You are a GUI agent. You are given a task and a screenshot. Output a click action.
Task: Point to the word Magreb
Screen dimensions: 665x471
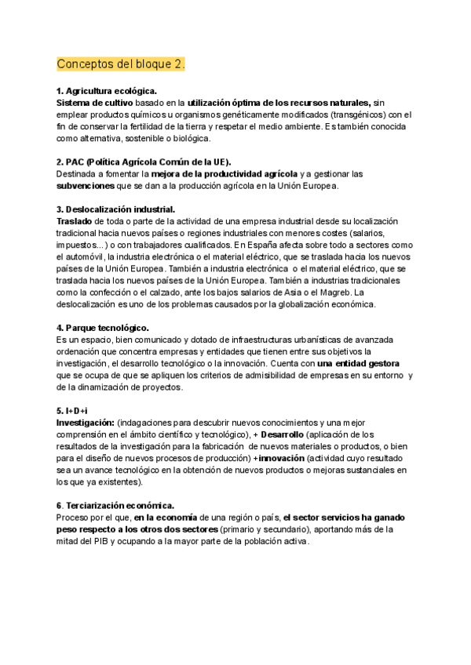click(331, 293)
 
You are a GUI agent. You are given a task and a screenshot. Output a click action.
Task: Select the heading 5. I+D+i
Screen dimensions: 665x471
click(72, 411)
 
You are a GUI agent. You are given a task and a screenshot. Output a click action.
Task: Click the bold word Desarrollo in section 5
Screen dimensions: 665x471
click(282, 434)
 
